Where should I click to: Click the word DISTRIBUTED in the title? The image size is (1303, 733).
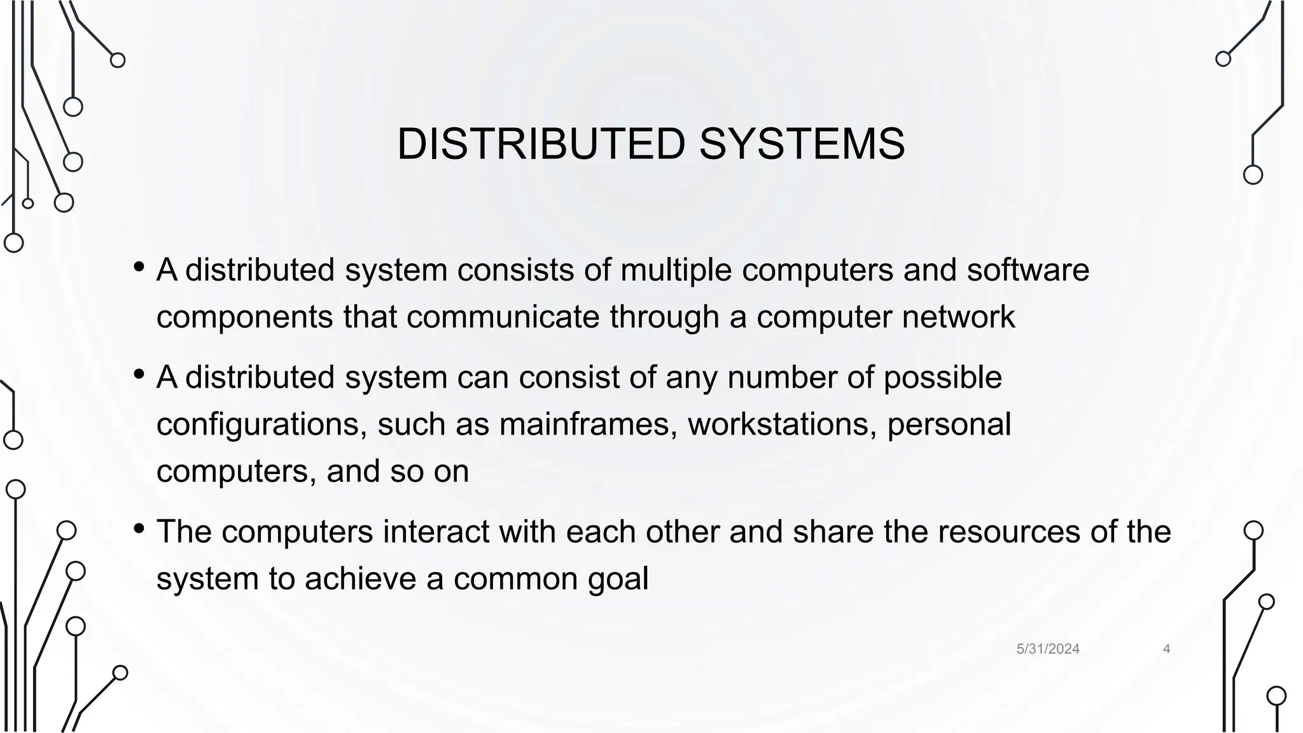point(541,144)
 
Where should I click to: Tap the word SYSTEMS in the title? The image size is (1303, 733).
point(802,144)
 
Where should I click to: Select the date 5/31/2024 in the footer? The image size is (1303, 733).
point(1048,649)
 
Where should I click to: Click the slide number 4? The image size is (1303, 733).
point(1166,649)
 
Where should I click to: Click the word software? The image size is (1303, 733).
point(1028,270)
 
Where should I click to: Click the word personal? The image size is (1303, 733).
point(949,424)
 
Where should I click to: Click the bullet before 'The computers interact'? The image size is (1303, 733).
point(139,529)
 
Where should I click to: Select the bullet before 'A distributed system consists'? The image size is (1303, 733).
point(139,267)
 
